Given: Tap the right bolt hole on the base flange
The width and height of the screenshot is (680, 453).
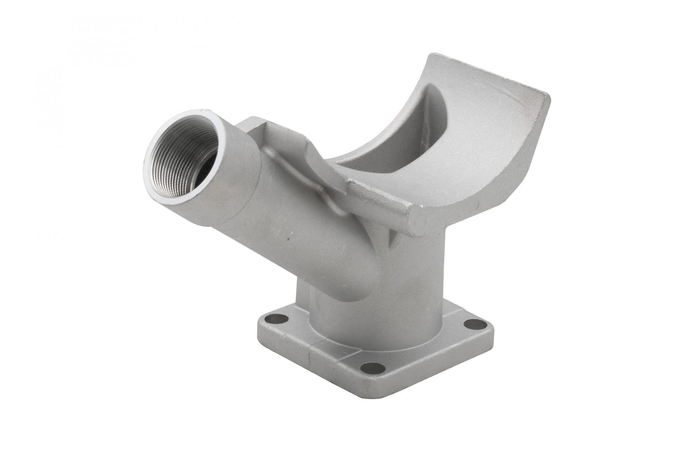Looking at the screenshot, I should point(475,324).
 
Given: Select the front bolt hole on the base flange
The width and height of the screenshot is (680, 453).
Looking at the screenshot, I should point(372,367).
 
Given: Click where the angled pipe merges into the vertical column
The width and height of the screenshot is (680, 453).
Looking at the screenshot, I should point(340,272).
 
